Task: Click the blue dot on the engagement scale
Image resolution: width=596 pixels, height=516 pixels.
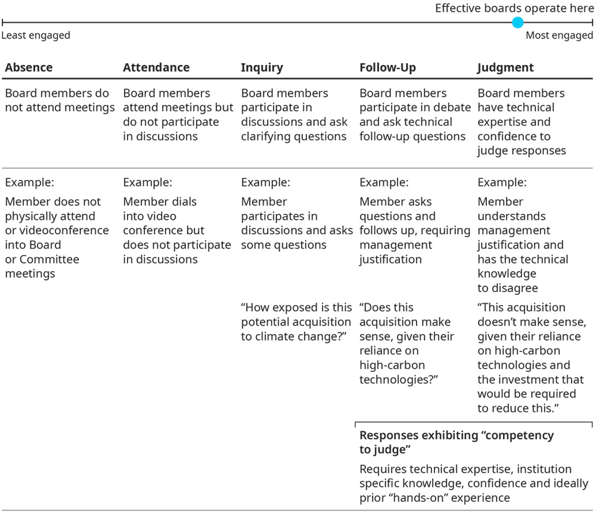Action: tap(518, 23)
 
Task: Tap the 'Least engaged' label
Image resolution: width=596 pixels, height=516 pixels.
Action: tap(36, 36)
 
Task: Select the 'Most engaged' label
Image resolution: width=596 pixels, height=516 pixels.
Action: tap(559, 36)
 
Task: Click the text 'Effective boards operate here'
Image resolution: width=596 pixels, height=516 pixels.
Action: tap(514, 8)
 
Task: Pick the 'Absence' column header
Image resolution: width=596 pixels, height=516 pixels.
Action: tap(29, 68)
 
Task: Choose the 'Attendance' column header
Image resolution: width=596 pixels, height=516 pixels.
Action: tap(156, 68)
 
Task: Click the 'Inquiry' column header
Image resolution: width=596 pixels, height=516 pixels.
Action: tap(262, 68)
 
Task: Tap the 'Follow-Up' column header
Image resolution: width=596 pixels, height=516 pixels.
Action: tap(387, 68)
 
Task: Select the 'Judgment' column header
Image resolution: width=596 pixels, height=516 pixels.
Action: tap(505, 68)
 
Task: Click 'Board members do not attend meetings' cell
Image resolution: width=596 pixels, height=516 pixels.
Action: tap(60, 101)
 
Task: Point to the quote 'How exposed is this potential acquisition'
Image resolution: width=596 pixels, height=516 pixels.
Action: tap(296, 322)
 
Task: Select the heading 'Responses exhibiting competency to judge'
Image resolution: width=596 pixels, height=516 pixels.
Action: tap(457, 442)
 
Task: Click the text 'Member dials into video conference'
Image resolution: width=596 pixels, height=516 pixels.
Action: tap(176, 231)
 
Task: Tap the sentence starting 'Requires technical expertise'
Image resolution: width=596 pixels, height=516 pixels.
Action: tap(473, 483)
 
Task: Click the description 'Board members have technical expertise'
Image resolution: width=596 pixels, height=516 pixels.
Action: tap(521, 122)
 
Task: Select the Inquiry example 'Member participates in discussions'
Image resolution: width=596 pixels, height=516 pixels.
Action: tap(296, 223)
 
